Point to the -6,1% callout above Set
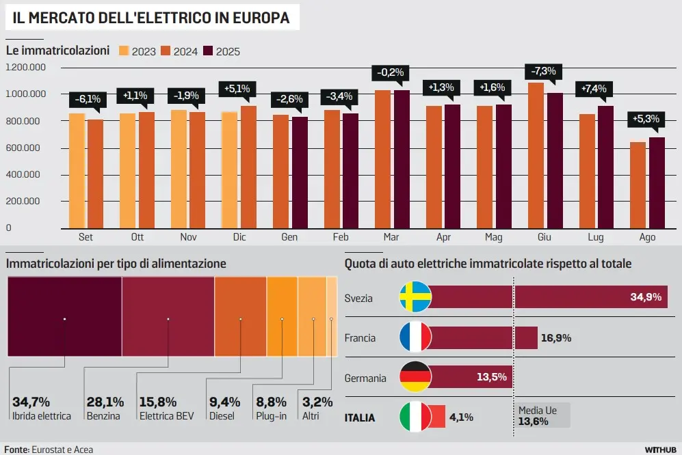click(87, 99)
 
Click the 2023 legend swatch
click(124, 51)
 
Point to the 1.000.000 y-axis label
click(25, 94)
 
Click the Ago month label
click(647, 237)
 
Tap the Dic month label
click(239, 237)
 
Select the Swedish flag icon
click(415, 297)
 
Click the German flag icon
click(415, 377)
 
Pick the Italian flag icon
click(415, 417)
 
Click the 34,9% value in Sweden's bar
click(645, 297)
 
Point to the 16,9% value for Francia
click(556, 337)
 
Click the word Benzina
click(103, 415)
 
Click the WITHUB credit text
click(660, 450)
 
